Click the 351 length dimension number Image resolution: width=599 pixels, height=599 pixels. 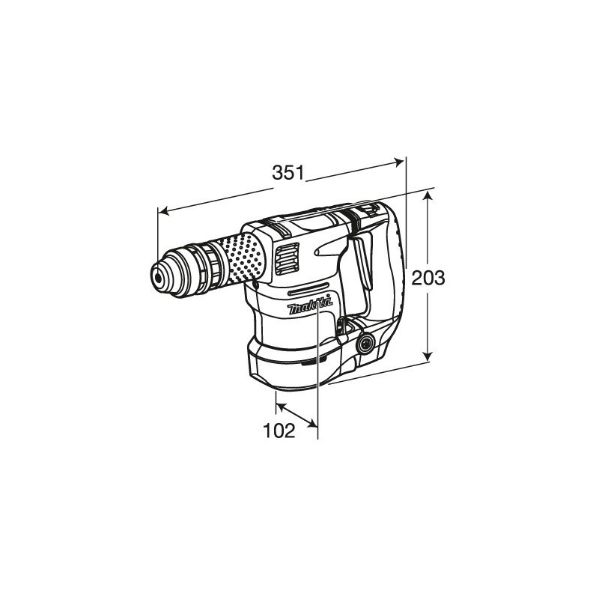point(288,173)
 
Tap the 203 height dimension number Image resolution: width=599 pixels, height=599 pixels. point(428,278)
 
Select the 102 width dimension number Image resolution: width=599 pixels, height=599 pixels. point(279,431)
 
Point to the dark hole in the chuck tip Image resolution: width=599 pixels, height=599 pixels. point(157,277)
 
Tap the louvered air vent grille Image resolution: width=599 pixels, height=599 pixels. point(287,259)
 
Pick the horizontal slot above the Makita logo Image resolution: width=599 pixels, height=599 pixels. point(308,289)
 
